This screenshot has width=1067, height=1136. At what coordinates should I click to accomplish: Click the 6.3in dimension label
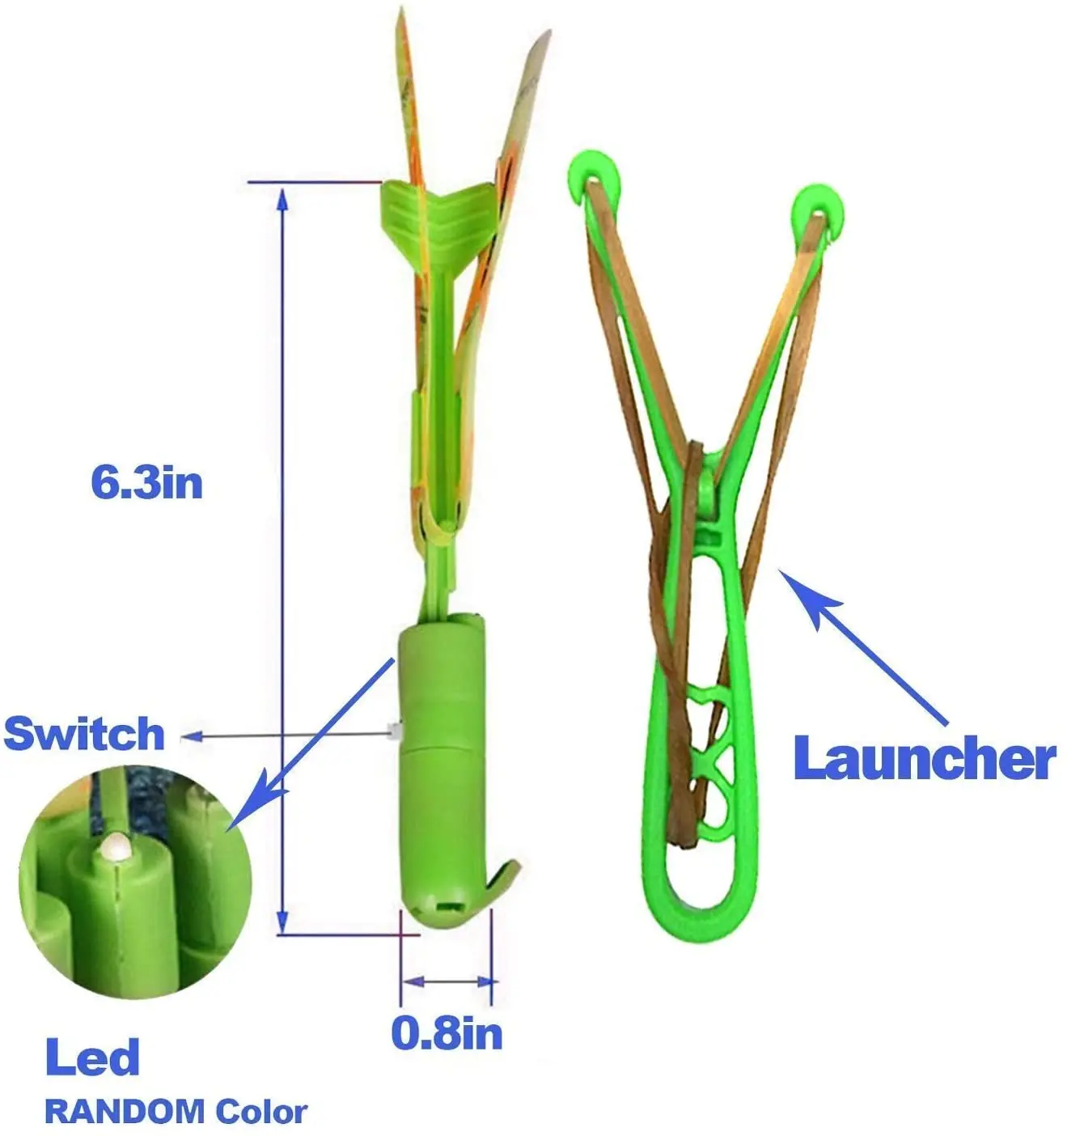146,483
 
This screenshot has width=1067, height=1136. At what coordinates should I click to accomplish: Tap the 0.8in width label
447,1033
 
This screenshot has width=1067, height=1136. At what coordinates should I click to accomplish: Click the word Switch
84,734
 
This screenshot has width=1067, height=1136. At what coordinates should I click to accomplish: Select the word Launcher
924,759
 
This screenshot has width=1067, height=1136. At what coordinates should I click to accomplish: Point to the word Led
92,1058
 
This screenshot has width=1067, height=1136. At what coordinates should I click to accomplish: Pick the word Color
261,1112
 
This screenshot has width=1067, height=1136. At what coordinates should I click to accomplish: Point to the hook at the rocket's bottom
498,881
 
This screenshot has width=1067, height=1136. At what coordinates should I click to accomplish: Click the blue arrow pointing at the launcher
857,639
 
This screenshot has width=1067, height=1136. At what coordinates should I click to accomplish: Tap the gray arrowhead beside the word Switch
191,735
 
